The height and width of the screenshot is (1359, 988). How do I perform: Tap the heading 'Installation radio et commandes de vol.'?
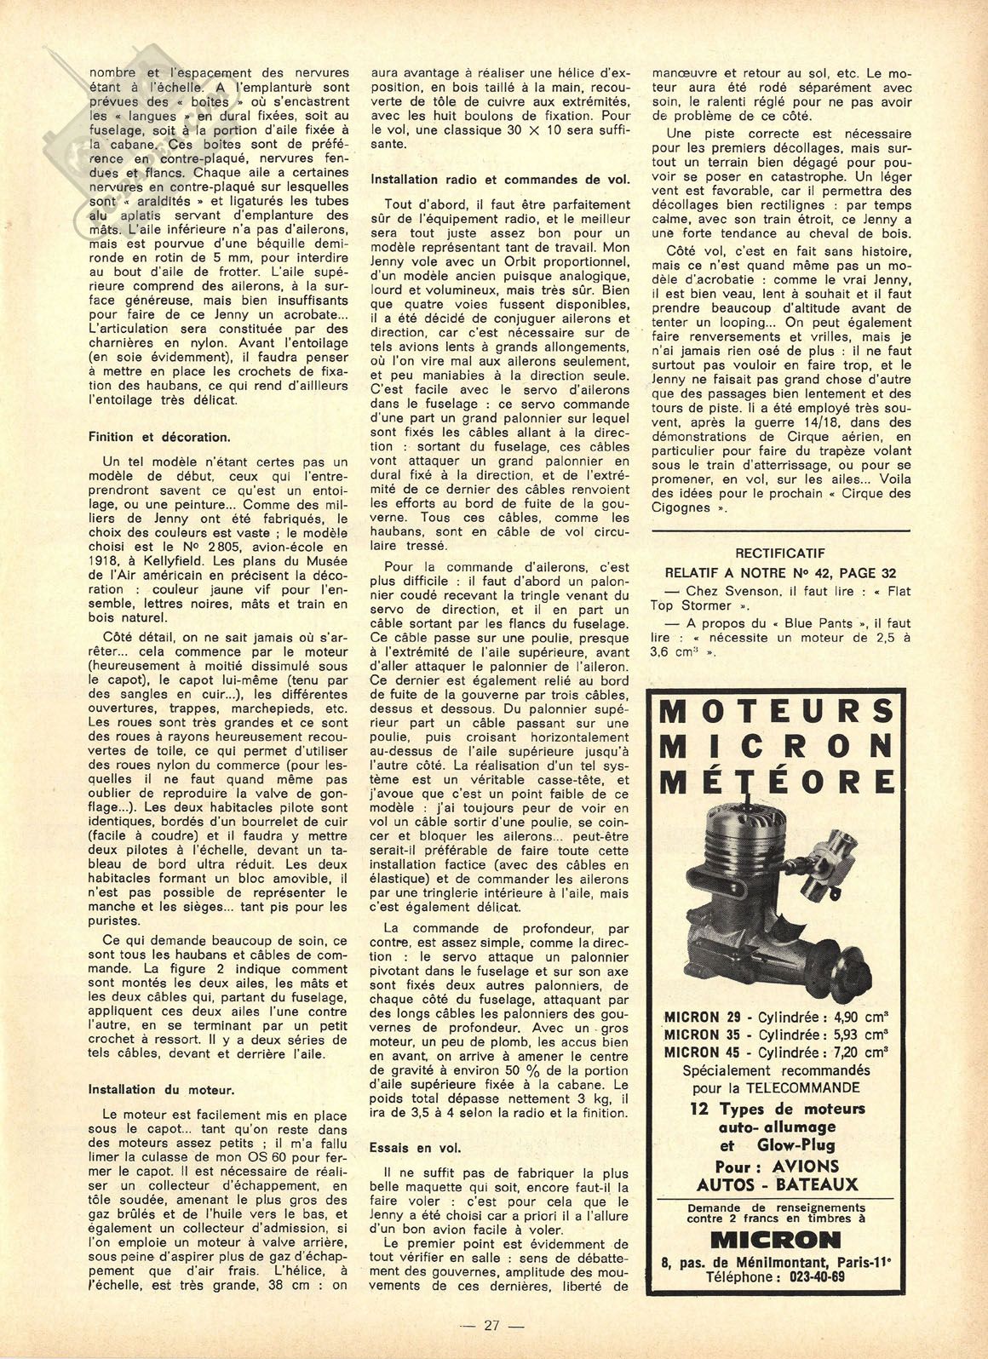500,180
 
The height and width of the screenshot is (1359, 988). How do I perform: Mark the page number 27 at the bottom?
491,1325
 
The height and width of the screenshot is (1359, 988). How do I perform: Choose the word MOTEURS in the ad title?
777,709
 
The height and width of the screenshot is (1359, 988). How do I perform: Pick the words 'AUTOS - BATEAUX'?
777,1184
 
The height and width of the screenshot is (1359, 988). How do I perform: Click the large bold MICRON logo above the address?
776,1239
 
